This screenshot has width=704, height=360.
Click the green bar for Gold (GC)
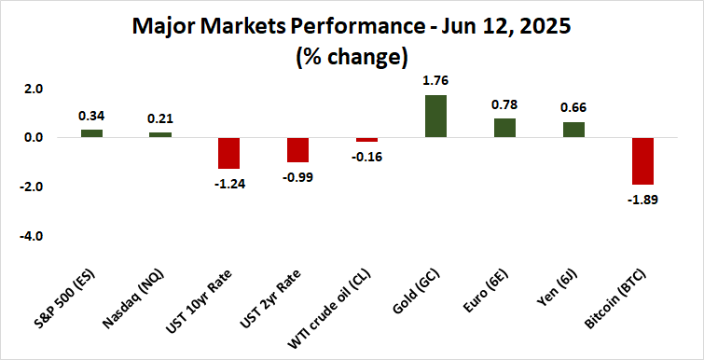pyautogui.click(x=435, y=117)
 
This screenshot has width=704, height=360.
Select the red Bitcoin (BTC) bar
pyautogui.click(x=642, y=161)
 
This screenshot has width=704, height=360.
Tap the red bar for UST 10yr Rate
pyautogui.click(x=229, y=153)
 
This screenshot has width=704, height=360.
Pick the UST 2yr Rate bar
pyautogui.click(x=298, y=150)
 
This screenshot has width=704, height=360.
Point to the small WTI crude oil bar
pyautogui.click(x=366, y=140)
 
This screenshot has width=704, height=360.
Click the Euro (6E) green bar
pyautogui.click(x=504, y=129)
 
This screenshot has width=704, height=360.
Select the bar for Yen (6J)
pyautogui.click(x=573, y=130)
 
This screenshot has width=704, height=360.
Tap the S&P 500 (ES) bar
pyautogui.click(x=91, y=133)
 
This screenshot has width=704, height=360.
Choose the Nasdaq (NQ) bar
pyautogui.click(x=160, y=135)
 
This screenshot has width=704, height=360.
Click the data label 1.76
pyautogui.click(x=435, y=80)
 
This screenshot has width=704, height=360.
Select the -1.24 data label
pyautogui.click(x=229, y=183)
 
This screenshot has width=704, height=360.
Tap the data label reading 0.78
pyautogui.click(x=504, y=104)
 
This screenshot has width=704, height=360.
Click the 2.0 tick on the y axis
pyautogui.click(x=34, y=90)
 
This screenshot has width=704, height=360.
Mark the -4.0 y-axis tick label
pyautogui.click(x=32, y=237)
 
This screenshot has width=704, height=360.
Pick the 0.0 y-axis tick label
pyautogui.click(x=34, y=138)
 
